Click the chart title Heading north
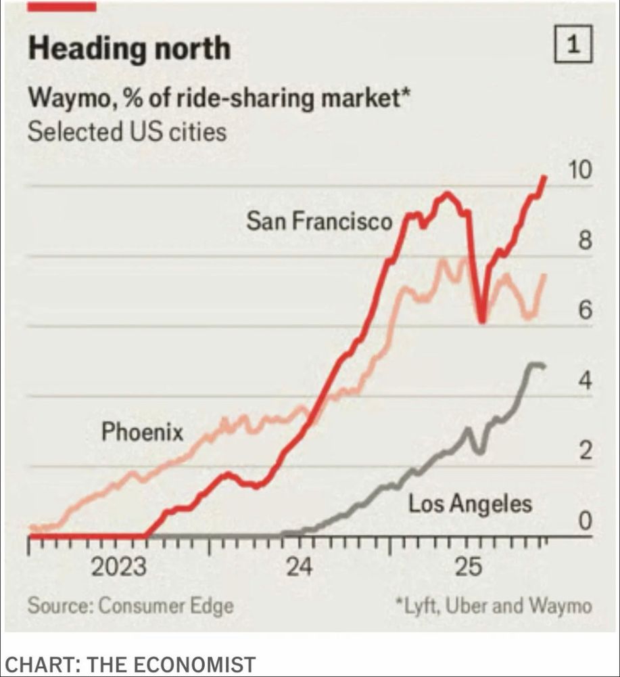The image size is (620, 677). (129, 49)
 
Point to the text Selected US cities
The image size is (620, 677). (126, 131)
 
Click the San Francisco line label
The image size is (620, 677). (318, 221)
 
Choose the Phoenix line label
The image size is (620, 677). (142, 431)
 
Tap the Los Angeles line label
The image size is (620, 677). (470, 503)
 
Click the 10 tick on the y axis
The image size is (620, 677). (579, 171)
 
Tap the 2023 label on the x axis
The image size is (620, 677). (118, 566)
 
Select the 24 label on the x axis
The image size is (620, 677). (299, 566)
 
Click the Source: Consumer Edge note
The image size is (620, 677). (130, 605)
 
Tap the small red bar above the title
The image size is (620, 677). (62, 6)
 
